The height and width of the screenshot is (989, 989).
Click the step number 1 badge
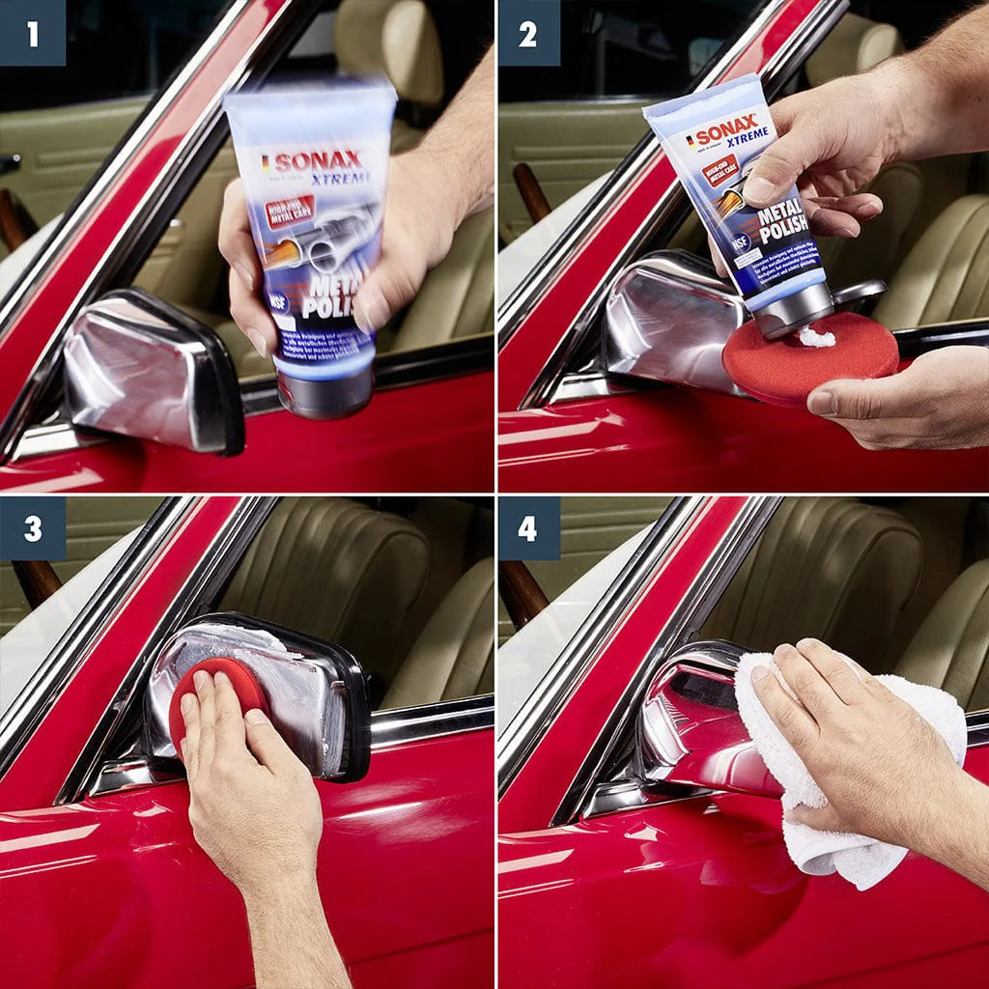click(33, 33)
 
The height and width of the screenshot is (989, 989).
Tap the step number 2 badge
click(527, 33)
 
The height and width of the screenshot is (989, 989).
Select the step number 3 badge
click(33, 528)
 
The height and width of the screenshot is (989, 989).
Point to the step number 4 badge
click(527, 528)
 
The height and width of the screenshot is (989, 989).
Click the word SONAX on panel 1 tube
click(315, 160)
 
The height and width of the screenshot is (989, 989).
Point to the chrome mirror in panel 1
click(145, 372)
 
